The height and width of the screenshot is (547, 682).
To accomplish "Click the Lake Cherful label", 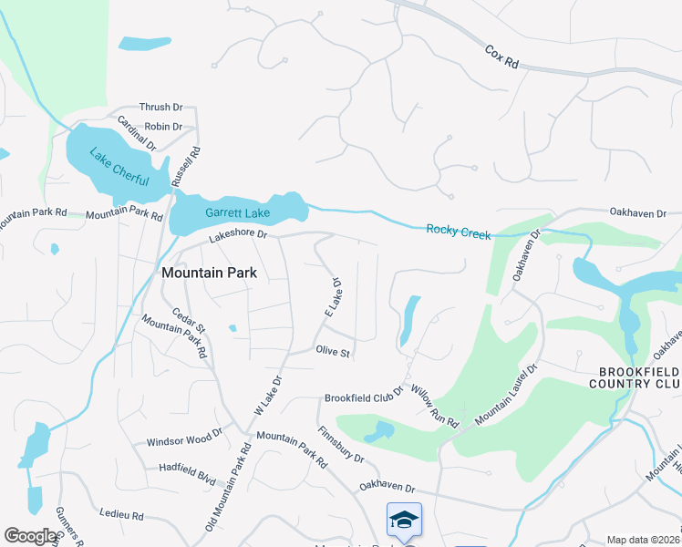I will [119, 166].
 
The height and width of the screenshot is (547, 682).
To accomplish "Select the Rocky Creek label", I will [459, 232].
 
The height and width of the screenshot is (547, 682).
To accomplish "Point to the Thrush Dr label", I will [160, 108].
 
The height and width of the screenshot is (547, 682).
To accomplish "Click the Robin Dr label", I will [163, 127].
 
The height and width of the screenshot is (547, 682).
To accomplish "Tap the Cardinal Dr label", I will [137, 133].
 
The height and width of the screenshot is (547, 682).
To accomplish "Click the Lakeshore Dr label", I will [238, 235].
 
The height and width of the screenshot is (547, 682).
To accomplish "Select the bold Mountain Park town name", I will [209, 272].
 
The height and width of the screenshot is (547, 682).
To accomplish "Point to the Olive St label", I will [333, 351].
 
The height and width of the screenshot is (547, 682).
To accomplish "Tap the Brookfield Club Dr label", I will [364, 398].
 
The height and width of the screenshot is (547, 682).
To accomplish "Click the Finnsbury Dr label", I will [342, 444].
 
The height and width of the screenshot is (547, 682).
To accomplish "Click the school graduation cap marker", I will [404, 519].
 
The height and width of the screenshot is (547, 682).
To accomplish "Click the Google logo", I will [29, 536].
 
